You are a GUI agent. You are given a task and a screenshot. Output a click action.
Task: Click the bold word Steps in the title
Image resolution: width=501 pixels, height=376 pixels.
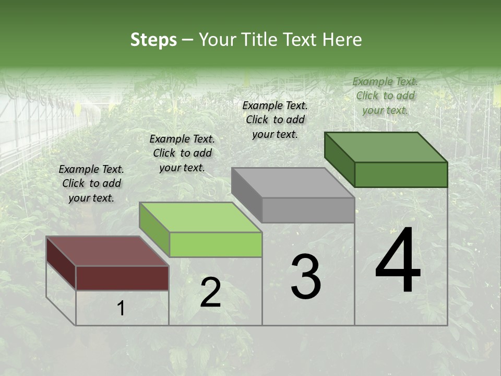(x=153, y=40)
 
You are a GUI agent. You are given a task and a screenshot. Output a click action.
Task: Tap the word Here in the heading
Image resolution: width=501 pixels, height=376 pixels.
(x=342, y=40)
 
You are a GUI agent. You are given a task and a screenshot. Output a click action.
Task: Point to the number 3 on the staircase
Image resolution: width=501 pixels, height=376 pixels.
(x=306, y=277)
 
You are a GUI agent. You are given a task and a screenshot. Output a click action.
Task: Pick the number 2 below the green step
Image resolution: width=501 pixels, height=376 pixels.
(x=210, y=292)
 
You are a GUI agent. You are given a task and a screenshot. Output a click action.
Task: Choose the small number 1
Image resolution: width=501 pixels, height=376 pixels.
(x=121, y=309)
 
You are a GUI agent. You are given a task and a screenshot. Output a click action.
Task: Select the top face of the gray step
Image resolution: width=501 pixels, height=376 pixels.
(x=293, y=183)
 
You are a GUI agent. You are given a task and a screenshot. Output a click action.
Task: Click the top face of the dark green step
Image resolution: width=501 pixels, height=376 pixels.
(x=386, y=147)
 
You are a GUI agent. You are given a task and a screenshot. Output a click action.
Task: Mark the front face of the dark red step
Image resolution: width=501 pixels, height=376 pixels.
(x=122, y=278)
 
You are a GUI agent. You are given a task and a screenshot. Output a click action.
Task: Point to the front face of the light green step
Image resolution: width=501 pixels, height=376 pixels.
(x=216, y=244)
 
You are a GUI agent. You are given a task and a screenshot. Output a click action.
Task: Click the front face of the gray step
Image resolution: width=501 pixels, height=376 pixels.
(x=308, y=210)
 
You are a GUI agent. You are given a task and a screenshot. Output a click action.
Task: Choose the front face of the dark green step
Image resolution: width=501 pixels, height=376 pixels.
(x=401, y=174)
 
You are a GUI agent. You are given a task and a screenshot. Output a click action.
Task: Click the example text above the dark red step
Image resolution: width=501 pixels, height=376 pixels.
(x=91, y=183)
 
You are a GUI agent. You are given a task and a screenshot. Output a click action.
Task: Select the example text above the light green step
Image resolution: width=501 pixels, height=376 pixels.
(x=182, y=153)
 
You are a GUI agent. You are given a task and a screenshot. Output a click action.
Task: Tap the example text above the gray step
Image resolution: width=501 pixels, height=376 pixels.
(x=275, y=120)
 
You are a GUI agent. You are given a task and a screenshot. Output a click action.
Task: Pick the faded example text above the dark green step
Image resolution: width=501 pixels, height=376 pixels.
(x=385, y=96)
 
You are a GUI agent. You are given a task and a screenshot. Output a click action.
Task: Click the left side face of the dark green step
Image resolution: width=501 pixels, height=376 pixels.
(x=340, y=159)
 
